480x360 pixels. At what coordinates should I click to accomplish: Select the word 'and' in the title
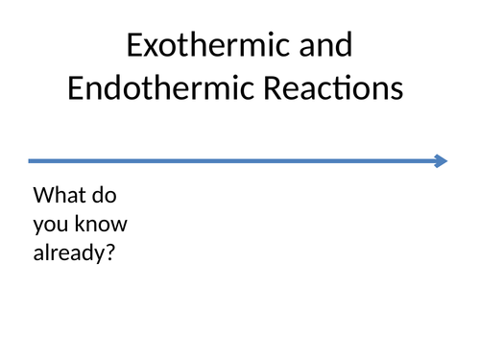tap(324, 46)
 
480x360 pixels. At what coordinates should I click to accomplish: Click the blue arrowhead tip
tap(444, 161)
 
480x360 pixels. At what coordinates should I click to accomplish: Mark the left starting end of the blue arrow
tap(31, 161)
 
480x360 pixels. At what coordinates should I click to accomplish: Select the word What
tap(60, 196)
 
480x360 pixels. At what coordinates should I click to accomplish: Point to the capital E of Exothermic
tap(135, 46)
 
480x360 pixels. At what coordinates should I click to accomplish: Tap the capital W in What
tap(44, 196)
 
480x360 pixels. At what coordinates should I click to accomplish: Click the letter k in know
tap(82, 224)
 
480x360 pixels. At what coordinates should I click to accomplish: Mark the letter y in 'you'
tap(39, 228)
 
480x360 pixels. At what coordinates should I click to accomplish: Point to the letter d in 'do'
tap(102, 196)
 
